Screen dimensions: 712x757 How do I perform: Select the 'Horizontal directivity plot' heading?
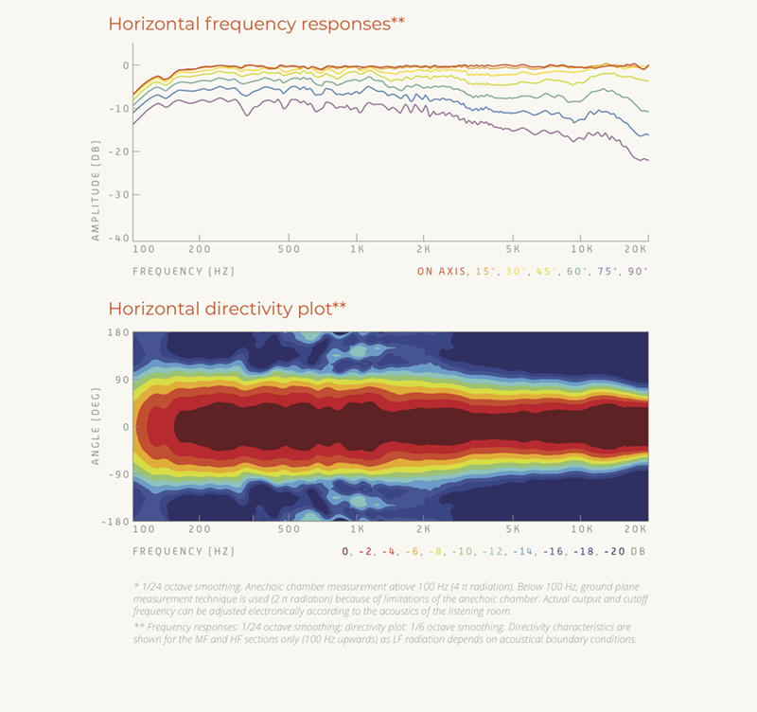click(227, 309)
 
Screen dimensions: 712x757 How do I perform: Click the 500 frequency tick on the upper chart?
click(290, 250)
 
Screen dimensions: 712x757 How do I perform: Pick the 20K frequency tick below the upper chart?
click(637, 250)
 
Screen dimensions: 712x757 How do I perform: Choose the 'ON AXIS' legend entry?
click(442, 272)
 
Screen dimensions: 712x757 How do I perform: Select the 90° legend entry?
click(639, 272)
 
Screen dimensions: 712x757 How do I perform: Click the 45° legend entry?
click(548, 272)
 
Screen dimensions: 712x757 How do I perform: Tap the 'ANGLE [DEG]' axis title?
click(96, 427)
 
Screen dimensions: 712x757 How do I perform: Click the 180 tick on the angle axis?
click(118, 332)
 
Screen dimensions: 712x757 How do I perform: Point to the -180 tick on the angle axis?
click(115, 522)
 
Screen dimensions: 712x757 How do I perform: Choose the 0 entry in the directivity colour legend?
click(345, 551)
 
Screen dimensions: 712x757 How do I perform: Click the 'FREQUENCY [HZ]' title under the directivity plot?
click(184, 551)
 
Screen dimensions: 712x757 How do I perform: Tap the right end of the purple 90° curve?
click(647, 160)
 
